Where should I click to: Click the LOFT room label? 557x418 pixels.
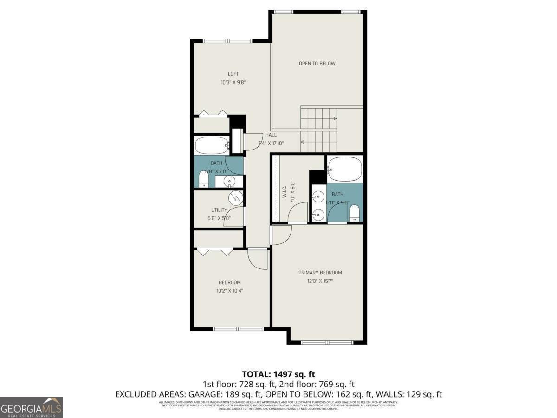pyautogui.click(x=233, y=74)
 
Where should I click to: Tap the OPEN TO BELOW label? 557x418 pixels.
pyautogui.click(x=317, y=64)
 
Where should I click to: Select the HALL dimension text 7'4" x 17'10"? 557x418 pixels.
pyautogui.click(x=271, y=143)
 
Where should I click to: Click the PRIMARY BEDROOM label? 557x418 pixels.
pyautogui.click(x=320, y=273)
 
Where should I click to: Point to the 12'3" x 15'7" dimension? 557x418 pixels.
pyautogui.click(x=320, y=281)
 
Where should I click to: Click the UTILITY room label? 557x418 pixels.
pyautogui.click(x=219, y=210)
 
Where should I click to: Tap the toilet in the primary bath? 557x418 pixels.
pyautogui.click(x=355, y=212)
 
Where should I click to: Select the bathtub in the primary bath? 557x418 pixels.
pyautogui.click(x=344, y=169)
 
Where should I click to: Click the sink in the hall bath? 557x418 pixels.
pyautogui.click(x=229, y=181)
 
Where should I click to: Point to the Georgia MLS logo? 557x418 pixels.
pyautogui.click(x=32, y=407)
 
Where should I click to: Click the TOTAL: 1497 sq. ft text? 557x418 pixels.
pyautogui.click(x=278, y=374)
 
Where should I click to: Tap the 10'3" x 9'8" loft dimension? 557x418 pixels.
pyautogui.click(x=233, y=82)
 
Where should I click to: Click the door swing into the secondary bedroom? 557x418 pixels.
pyautogui.click(x=258, y=259)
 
